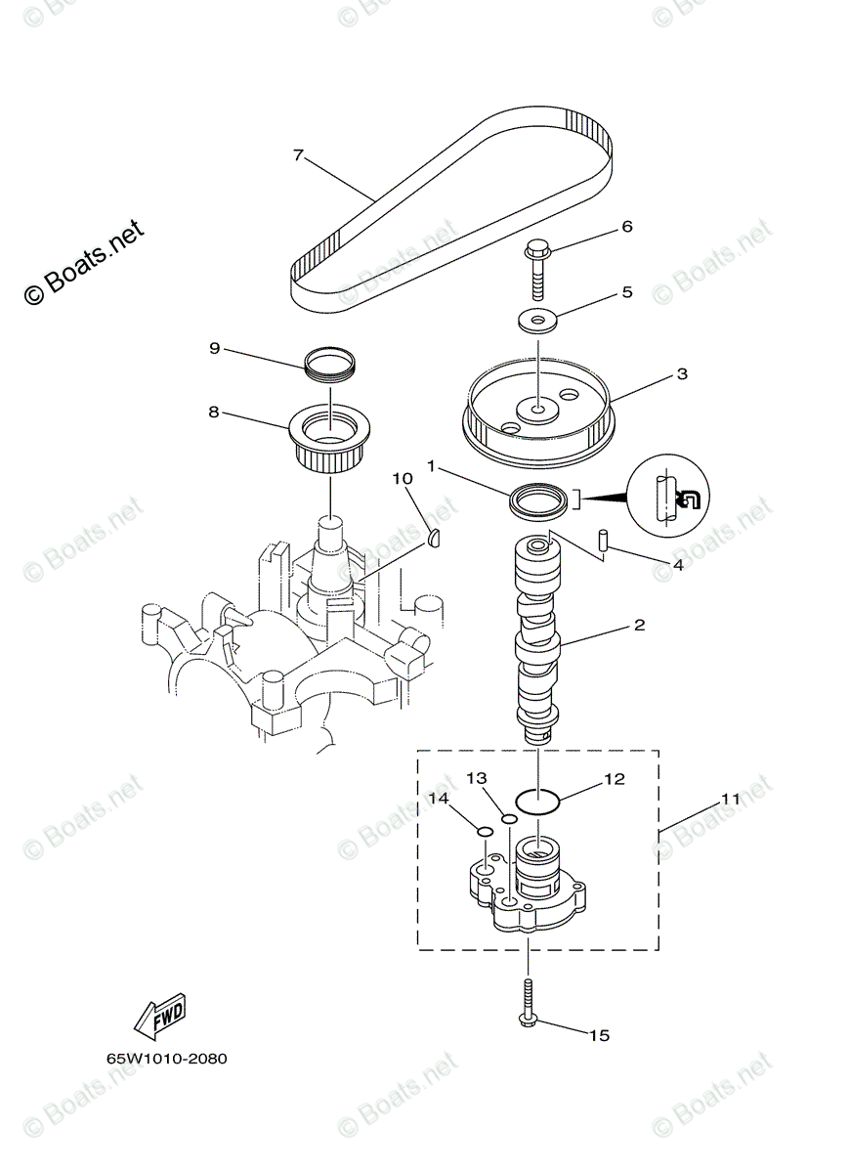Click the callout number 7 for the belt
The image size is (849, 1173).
[298, 154]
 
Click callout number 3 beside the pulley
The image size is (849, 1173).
[681, 373]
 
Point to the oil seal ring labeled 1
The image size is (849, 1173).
[538, 501]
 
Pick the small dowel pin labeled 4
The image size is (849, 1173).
[604, 541]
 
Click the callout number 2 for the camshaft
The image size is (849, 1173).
[639, 624]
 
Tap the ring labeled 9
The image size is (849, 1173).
[331, 362]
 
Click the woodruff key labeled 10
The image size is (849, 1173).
[437, 536]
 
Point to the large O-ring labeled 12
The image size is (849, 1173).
[536, 801]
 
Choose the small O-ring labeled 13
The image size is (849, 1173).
[507, 818]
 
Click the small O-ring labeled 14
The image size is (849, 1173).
[483, 832]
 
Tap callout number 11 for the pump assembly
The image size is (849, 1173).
[730, 799]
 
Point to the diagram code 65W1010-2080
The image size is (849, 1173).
[167, 1059]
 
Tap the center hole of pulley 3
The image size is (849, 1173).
[536, 401]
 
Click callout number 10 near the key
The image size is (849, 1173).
[403, 478]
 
